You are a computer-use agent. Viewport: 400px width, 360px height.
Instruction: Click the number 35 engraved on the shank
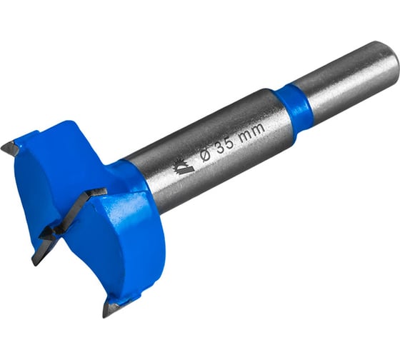pos(225,144)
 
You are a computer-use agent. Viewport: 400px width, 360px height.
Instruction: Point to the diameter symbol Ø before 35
pos(206,154)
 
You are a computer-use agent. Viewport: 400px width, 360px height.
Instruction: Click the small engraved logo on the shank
pos(183,166)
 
